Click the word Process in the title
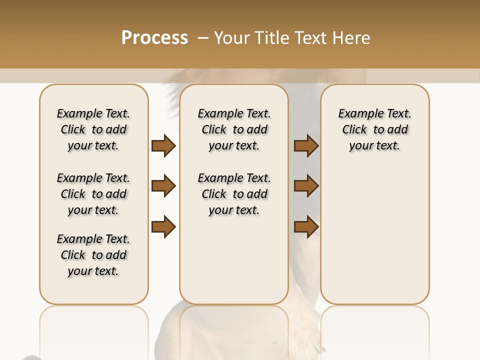tap(154, 38)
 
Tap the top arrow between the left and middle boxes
tap(163, 146)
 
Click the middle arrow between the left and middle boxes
tap(163, 186)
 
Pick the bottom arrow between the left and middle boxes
tap(163, 227)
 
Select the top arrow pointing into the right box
tap(306, 146)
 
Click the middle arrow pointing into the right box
tap(306, 186)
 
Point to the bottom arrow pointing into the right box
tap(306, 227)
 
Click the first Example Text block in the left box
tap(93, 129)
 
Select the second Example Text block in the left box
tap(93, 194)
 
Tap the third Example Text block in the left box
tap(93, 255)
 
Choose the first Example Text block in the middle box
tap(234, 129)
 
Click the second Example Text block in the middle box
tap(234, 194)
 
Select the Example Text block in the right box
tap(374, 129)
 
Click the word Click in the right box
tap(354, 130)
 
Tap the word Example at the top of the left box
tap(75, 113)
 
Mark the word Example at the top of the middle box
tap(216, 113)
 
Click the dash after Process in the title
tap(202, 38)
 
